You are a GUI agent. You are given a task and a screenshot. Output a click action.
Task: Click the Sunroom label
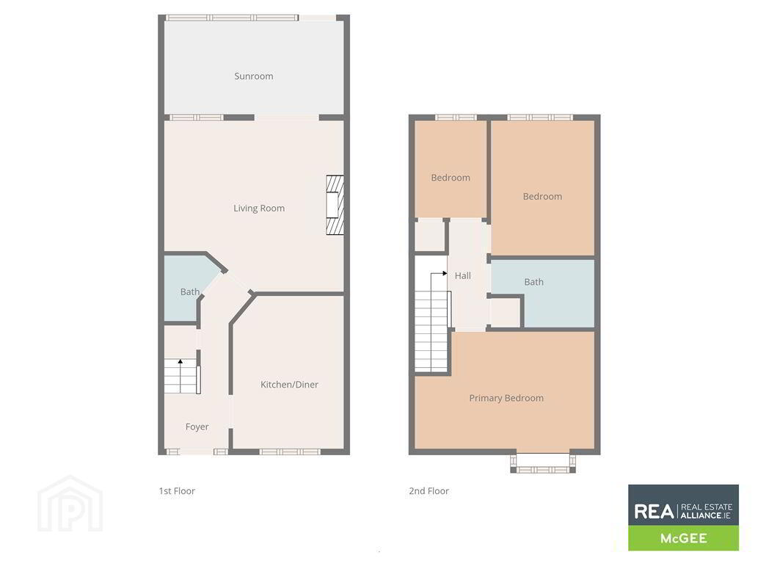click(254, 76)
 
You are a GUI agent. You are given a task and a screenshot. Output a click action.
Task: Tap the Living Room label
click(259, 208)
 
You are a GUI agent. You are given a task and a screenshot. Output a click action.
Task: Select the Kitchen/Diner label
click(289, 385)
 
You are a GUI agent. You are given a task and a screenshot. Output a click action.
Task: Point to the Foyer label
click(197, 427)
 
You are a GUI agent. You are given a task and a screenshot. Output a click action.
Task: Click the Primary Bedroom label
click(506, 398)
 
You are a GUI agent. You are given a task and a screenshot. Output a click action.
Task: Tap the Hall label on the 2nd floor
click(462, 276)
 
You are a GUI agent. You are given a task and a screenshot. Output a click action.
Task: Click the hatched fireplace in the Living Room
click(335, 205)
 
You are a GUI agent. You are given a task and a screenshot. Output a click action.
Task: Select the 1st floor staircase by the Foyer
click(182, 376)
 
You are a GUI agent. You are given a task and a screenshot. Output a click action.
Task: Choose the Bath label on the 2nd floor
click(533, 282)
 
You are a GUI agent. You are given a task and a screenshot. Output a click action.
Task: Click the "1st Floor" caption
click(177, 491)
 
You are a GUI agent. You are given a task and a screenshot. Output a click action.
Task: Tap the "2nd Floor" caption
click(429, 491)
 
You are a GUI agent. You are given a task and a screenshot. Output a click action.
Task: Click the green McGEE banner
click(684, 538)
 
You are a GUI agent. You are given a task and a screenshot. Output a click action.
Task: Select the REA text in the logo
click(654, 512)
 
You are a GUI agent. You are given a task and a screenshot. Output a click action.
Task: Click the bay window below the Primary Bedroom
click(543, 463)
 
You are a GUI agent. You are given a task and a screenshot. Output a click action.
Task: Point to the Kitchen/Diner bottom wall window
click(290, 452)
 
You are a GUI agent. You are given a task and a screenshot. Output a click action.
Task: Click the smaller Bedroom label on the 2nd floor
click(451, 178)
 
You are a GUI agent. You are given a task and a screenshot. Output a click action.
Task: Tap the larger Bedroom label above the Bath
click(542, 197)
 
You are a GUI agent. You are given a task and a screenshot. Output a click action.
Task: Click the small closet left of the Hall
click(430, 236)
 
